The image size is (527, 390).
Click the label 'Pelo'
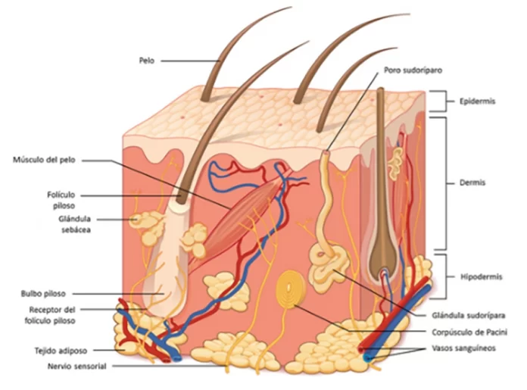147,61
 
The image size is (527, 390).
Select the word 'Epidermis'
477,101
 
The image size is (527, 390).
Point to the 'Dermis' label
472,183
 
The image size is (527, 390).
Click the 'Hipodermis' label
481,277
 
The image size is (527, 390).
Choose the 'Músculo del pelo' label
44,160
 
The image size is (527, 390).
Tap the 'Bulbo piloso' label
43,294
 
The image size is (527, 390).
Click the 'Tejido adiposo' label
61,351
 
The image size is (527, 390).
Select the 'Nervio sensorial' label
77,367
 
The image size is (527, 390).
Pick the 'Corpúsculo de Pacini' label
469,332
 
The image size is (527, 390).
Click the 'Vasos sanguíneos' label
464,348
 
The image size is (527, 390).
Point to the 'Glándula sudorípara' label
469,316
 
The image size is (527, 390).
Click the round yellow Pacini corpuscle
291,289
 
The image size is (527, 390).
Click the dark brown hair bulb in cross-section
384,252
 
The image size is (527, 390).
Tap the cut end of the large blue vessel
368,357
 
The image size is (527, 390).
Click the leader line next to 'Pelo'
190,61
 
